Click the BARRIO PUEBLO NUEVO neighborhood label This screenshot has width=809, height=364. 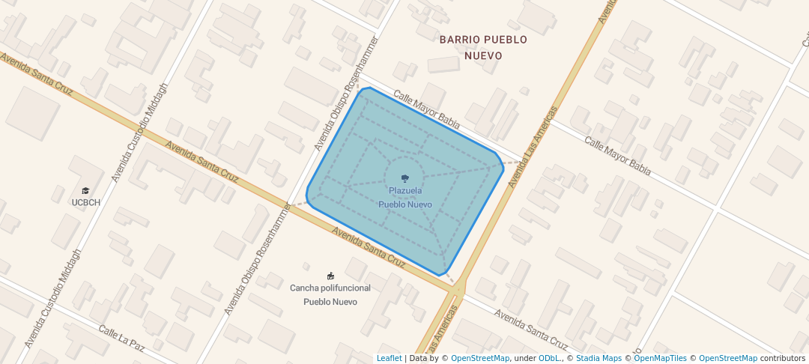coord(483,47)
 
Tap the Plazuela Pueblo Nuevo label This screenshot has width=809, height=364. coord(404,198)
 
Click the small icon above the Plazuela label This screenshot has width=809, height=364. coord(405,178)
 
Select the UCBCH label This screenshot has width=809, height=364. coord(86,202)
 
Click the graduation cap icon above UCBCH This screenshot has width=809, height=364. coord(85,191)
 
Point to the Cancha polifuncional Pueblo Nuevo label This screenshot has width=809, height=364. coord(330,294)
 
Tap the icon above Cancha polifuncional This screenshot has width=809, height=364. coord(330,276)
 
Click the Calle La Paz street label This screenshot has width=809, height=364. coord(121,339)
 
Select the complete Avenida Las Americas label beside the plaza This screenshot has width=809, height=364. coord(533,147)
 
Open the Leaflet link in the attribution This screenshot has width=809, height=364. coord(389,358)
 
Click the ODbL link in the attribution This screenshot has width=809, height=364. coord(550,358)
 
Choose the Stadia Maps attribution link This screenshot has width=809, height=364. coord(599,358)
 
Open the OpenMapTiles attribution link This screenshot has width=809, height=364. coord(660,358)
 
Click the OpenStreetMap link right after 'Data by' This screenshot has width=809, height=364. coord(480,358)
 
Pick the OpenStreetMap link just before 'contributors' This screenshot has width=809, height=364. coord(728,358)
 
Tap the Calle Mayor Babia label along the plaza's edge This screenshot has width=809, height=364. coord(426,109)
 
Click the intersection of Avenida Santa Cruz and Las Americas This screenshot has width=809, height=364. coord(458,287)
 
